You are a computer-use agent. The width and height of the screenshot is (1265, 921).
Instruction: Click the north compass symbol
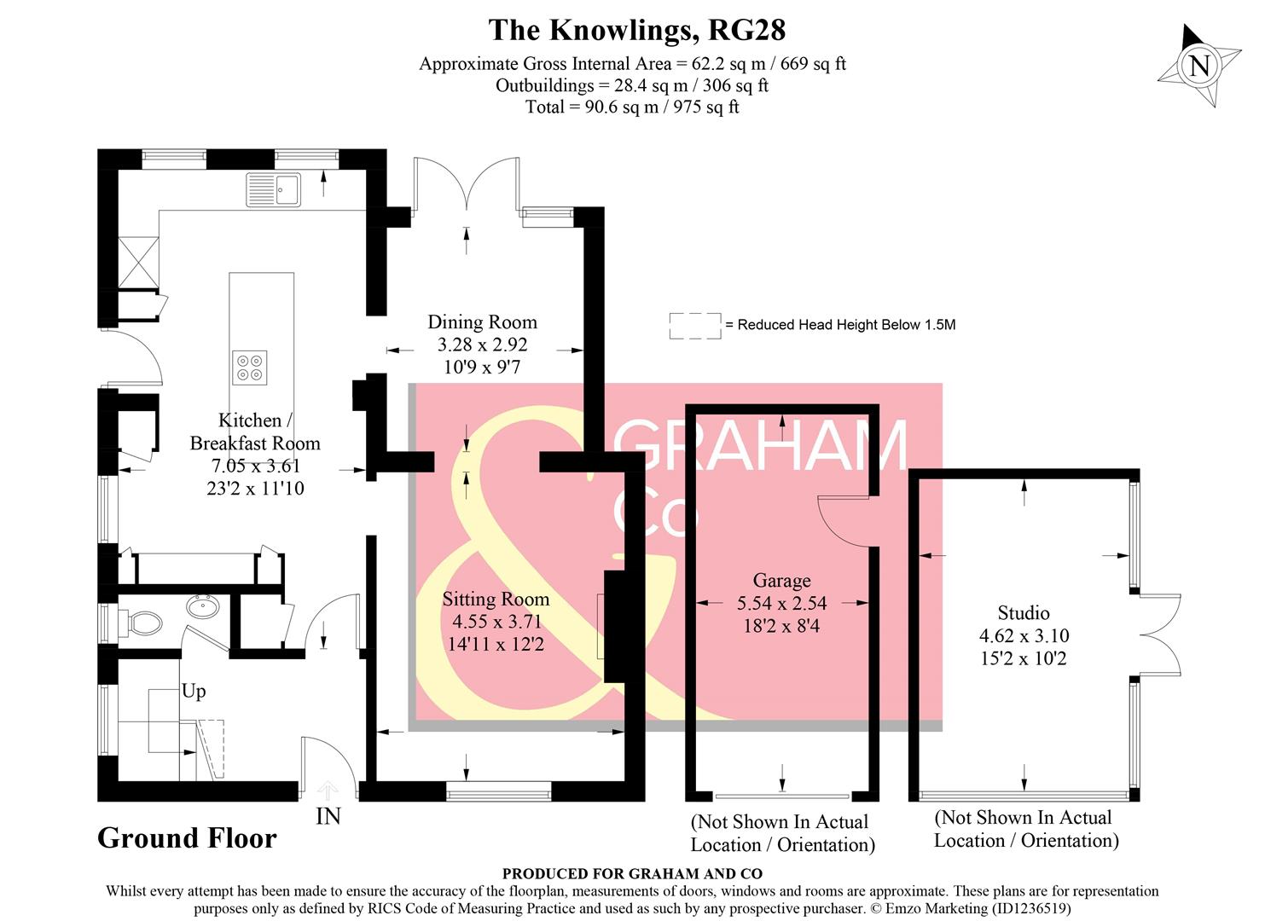point(1198,66)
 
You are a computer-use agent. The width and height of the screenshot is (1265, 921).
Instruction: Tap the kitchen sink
point(273,189)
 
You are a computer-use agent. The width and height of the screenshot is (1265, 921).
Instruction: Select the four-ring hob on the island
point(250,368)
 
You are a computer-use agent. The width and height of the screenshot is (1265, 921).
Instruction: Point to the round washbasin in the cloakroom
point(203,606)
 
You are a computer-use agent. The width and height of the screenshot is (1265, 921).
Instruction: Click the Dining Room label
point(482,322)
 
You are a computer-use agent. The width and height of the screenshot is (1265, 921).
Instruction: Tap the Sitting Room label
point(496,600)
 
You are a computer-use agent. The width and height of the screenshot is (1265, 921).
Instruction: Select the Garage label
point(781,581)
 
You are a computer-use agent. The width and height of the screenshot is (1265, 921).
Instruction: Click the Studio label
point(1024,612)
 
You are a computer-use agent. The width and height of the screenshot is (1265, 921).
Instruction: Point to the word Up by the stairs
point(194,691)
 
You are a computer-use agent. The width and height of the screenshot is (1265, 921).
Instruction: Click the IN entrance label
point(328,816)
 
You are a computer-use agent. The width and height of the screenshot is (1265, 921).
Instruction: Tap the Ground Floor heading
point(187,838)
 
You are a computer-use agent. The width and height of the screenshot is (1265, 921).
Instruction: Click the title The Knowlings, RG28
point(636,30)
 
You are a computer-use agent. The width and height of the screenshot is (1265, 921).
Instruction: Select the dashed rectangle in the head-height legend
point(694,325)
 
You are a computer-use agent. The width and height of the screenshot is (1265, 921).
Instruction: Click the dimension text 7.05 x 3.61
point(255,466)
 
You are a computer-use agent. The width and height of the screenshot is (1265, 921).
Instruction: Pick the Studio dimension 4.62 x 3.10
point(1024,635)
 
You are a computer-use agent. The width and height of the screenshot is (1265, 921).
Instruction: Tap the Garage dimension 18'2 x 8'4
point(781,626)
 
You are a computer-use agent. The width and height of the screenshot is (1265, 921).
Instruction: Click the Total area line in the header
point(632,107)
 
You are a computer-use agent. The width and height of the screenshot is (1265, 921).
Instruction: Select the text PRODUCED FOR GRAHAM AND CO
point(632,873)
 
